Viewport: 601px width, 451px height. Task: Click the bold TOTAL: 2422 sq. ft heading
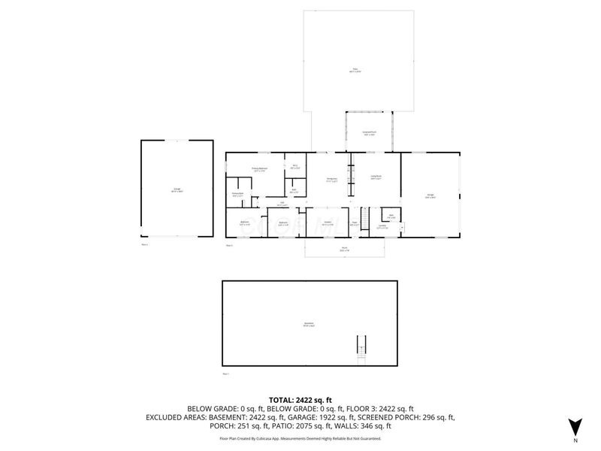[300, 400]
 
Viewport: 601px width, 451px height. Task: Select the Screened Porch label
[370, 133]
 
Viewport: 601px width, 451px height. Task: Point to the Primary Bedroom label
[260, 169]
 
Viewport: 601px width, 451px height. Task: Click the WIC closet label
[295, 166]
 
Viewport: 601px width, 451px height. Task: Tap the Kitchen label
[328, 223]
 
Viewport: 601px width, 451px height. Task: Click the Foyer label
[355, 223]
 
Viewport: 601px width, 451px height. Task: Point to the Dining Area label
[331, 179]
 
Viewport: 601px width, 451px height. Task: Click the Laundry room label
[382, 226]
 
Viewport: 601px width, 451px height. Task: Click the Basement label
[308, 324]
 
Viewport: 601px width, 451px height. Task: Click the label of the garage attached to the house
[431, 196]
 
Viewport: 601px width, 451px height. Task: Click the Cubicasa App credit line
[300, 438]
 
